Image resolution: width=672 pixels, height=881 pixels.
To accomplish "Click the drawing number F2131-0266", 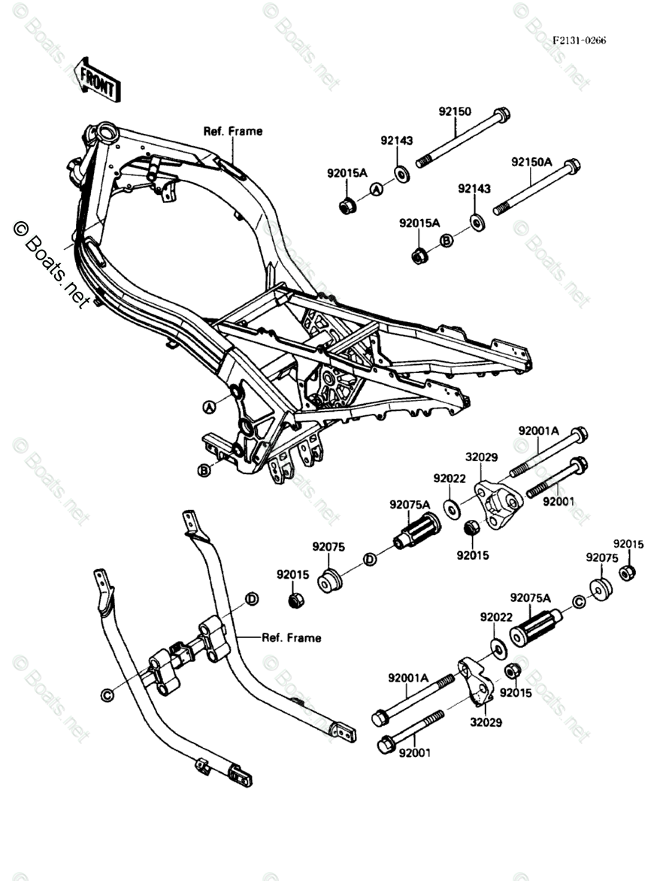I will coord(579,41).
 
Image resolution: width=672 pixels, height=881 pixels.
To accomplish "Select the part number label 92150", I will coord(455,111).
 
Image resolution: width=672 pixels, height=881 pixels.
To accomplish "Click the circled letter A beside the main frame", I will coord(209,406).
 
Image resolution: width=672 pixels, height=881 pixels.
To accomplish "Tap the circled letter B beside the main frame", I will coord(203,472).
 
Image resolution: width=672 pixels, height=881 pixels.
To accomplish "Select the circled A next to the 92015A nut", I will coord(377,191).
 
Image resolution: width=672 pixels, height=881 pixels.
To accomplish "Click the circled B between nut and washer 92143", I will coord(446,240).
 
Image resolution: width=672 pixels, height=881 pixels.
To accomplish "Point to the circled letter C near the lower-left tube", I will coord(107,695).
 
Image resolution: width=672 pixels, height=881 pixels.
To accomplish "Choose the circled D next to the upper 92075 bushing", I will coord(369,559).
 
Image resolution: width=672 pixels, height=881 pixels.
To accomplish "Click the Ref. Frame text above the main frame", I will coord(233,131).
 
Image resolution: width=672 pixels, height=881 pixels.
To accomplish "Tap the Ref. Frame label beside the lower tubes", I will coord(291,638).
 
